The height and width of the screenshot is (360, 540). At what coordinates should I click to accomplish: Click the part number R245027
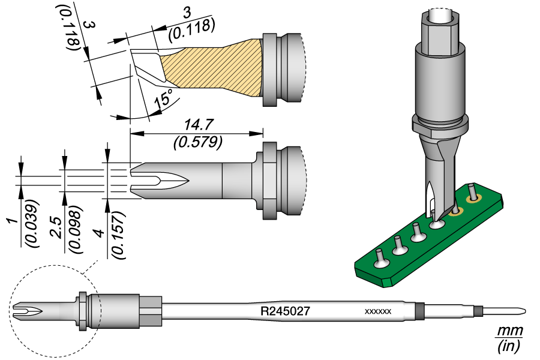click(285, 311)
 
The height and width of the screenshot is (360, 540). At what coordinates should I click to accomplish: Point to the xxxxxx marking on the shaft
click(378, 312)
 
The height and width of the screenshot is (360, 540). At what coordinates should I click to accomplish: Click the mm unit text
click(509, 331)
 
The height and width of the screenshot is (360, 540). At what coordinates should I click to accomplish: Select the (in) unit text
click(509, 346)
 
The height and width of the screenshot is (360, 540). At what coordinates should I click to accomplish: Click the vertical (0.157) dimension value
click(118, 235)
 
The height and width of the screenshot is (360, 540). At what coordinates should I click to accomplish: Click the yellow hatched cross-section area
click(210, 69)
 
